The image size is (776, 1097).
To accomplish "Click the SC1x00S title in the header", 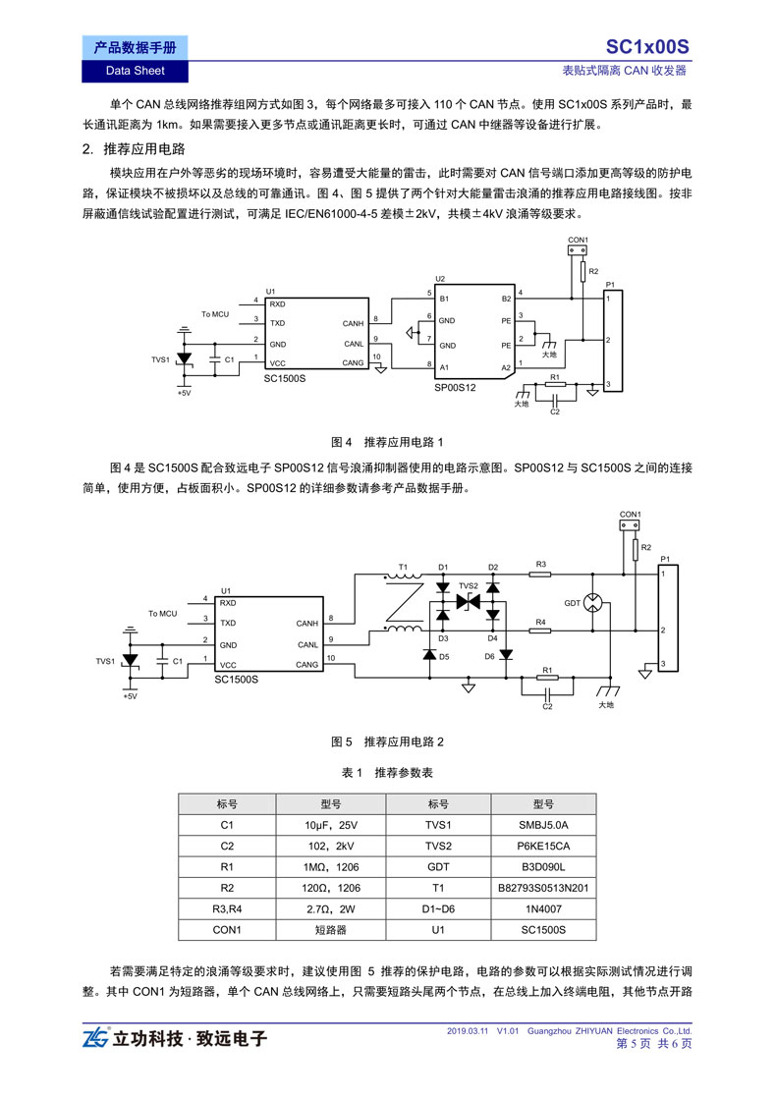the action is (646, 47).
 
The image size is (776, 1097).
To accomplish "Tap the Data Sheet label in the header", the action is (135, 71).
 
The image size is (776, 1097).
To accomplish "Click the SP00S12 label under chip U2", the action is (455, 388).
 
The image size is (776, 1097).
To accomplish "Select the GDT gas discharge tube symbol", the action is (592, 602).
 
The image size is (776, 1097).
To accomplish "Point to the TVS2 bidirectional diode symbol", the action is (468, 601).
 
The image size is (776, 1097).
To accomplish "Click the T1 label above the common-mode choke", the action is (403, 567).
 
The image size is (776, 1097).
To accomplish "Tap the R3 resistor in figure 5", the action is (540, 575).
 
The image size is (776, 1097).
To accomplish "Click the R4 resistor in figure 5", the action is (540, 631).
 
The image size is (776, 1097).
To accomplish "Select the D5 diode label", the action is (444, 656).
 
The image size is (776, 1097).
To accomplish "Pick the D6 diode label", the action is (490, 656).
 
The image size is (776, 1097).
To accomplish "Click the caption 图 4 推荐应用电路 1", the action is (387, 442).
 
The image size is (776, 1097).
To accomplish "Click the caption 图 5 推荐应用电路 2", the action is (387, 741).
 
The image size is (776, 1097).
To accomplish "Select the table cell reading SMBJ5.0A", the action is (543, 825).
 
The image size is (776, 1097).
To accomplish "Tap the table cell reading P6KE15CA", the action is (543, 846).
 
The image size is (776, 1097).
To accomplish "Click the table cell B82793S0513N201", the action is (543, 888).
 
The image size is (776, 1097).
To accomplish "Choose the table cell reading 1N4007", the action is (543, 908).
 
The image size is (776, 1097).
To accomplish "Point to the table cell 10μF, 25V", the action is (331, 825).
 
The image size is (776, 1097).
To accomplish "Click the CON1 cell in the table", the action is (228, 930).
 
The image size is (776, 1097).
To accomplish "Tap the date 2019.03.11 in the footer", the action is (468, 1030).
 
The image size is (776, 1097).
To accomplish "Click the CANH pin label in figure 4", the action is (354, 323).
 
